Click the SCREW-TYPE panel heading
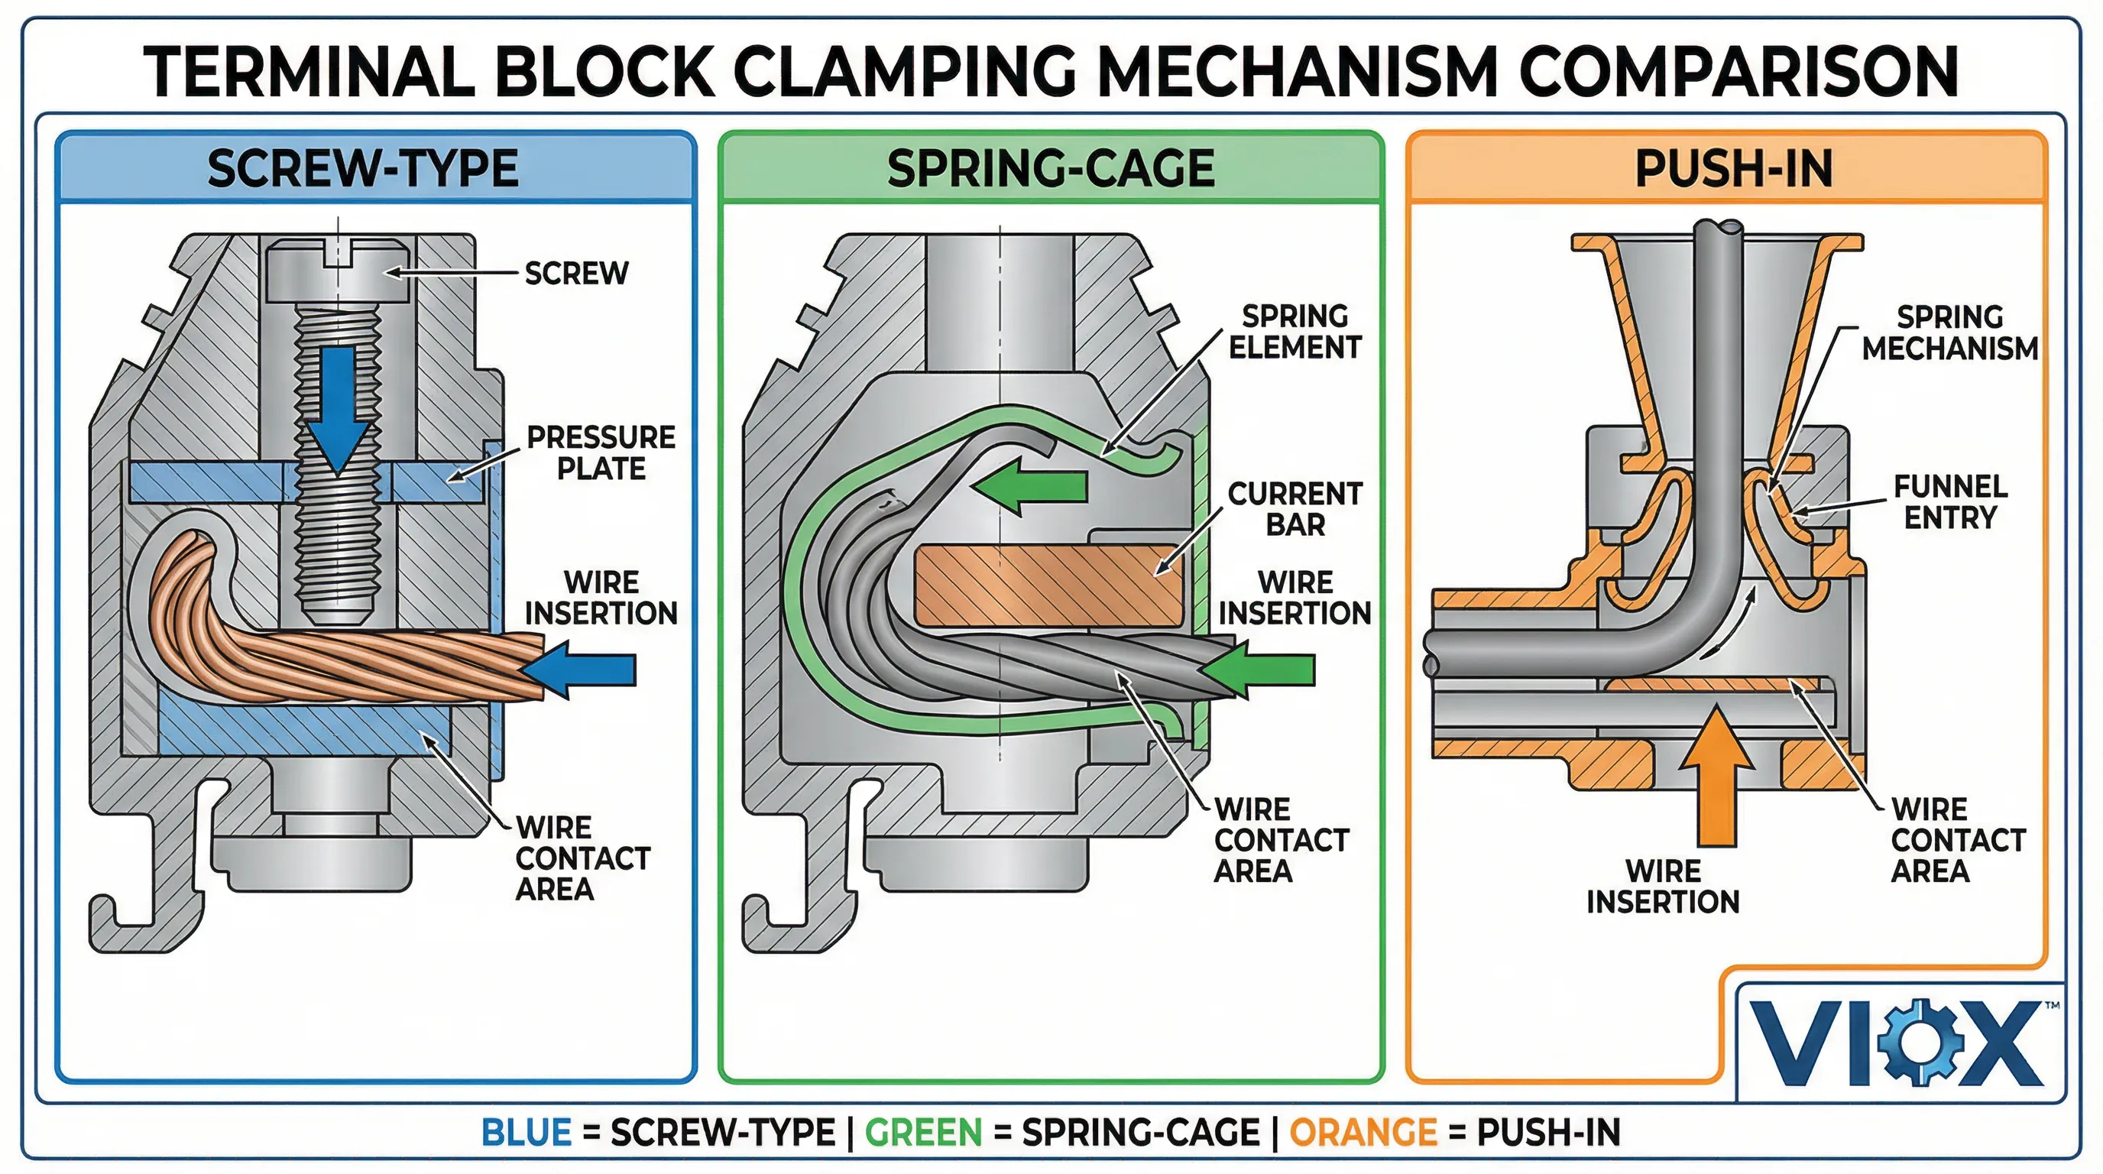pos(362,168)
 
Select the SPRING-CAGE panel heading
pos(1051,168)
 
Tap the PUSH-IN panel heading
pos(1734,168)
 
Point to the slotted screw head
pos(337,269)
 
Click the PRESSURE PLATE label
pos(601,452)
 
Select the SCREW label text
pos(576,273)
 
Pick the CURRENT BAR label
pos(1295,508)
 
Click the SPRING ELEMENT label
pos(1295,332)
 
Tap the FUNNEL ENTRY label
pos(1949,501)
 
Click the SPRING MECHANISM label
pos(1949,332)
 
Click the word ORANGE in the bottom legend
pos(1363,1133)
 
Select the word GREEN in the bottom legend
pos(922,1133)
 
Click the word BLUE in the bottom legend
pos(526,1133)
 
